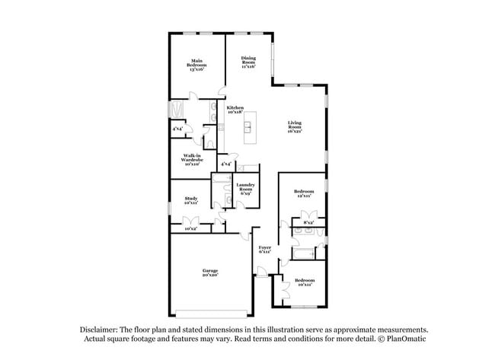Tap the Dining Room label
(x=248, y=62)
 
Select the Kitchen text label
(x=236, y=110)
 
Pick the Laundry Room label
(x=245, y=189)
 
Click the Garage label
(x=210, y=272)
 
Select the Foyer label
(x=265, y=249)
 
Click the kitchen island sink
(x=247, y=127)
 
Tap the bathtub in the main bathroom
(x=176, y=110)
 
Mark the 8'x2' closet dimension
(x=308, y=221)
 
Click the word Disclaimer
(x=102, y=329)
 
